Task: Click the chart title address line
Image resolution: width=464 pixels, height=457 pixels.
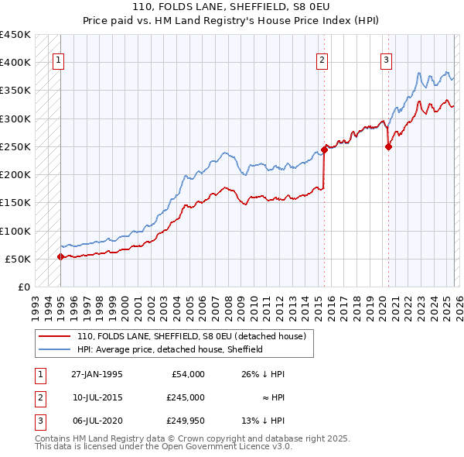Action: coord(232,6)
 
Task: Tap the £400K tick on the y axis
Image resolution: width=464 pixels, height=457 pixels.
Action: coord(15,63)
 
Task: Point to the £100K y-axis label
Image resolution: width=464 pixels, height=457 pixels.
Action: coord(15,231)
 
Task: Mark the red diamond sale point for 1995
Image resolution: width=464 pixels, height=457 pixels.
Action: coord(60,256)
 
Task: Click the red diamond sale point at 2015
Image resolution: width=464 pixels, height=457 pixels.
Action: coord(324,150)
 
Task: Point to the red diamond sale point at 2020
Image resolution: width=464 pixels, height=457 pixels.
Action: coord(388,147)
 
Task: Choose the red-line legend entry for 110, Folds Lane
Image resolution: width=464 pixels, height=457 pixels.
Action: coord(191,336)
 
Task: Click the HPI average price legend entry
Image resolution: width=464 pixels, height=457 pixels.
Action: coord(170,349)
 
